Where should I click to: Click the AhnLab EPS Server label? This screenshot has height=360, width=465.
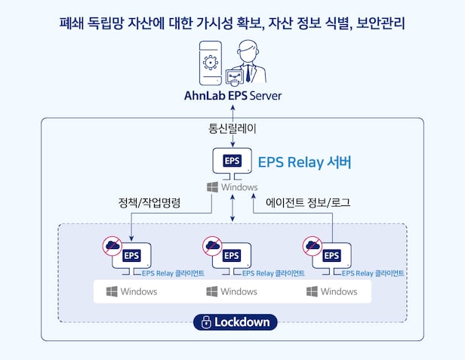(x=232, y=96)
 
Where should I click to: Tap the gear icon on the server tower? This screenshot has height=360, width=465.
(x=211, y=63)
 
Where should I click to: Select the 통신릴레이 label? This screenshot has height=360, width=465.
(x=232, y=128)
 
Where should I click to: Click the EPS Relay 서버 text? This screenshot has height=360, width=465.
(x=304, y=162)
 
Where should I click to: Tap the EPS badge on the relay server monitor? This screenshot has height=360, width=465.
(x=232, y=161)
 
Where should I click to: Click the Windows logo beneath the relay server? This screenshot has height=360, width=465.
(x=212, y=187)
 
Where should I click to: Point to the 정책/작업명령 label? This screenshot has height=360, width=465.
(x=149, y=202)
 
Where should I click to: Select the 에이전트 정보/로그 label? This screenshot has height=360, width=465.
(x=308, y=202)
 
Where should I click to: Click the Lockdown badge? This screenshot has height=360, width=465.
(x=236, y=322)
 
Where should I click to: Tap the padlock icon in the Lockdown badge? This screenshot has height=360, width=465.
(x=206, y=322)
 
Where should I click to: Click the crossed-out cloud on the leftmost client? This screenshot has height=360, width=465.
(x=112, y=246)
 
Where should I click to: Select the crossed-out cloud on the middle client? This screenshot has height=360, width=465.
(x=212, y=246)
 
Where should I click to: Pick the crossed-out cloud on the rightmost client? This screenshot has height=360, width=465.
(x=313, y=246)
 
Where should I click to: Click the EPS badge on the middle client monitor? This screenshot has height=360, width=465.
(x=232, y=255)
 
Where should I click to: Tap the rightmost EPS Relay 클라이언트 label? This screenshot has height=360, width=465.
(x=373, y=273)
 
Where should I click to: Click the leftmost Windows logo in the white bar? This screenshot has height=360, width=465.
(x=112, y=291)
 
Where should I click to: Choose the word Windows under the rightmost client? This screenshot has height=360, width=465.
(x=339, y=291)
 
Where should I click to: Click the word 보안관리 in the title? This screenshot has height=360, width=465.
(x=380, y=23)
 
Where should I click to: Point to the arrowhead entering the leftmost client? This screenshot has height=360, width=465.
(x=131, y=238)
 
